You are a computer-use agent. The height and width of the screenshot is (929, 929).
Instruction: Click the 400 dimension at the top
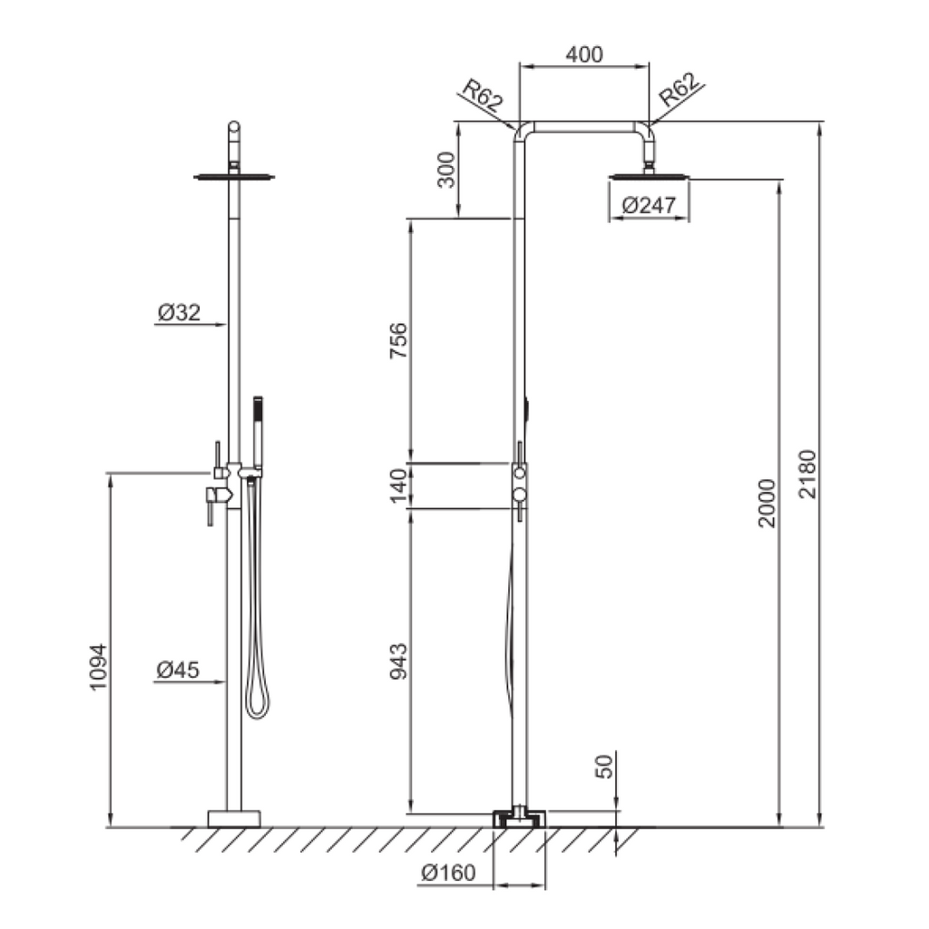[584, 54]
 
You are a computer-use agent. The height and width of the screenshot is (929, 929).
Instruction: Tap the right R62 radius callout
[680, 92]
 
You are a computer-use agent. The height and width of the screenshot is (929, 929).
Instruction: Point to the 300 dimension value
[447, 170]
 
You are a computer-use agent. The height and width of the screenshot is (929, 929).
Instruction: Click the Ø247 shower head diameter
[649, 207]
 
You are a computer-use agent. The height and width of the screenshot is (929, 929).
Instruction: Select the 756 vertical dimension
[399, 341]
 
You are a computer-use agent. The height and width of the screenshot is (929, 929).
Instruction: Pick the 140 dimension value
[399, 486]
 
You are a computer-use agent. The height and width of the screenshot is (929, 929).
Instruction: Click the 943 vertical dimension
[399, 663]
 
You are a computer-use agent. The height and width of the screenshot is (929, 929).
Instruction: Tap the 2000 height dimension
[768, 503]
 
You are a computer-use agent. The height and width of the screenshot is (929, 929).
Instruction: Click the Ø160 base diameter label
[448, 875]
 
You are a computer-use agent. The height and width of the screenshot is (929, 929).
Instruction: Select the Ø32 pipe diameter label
[178, 313]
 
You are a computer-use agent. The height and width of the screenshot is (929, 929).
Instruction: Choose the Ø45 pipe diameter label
[178, 670]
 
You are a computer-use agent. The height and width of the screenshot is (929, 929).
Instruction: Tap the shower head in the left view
[234, 176]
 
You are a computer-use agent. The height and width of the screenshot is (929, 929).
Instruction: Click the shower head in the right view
[649, 177]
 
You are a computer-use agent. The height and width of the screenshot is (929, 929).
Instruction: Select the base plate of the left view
[234, 818]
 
